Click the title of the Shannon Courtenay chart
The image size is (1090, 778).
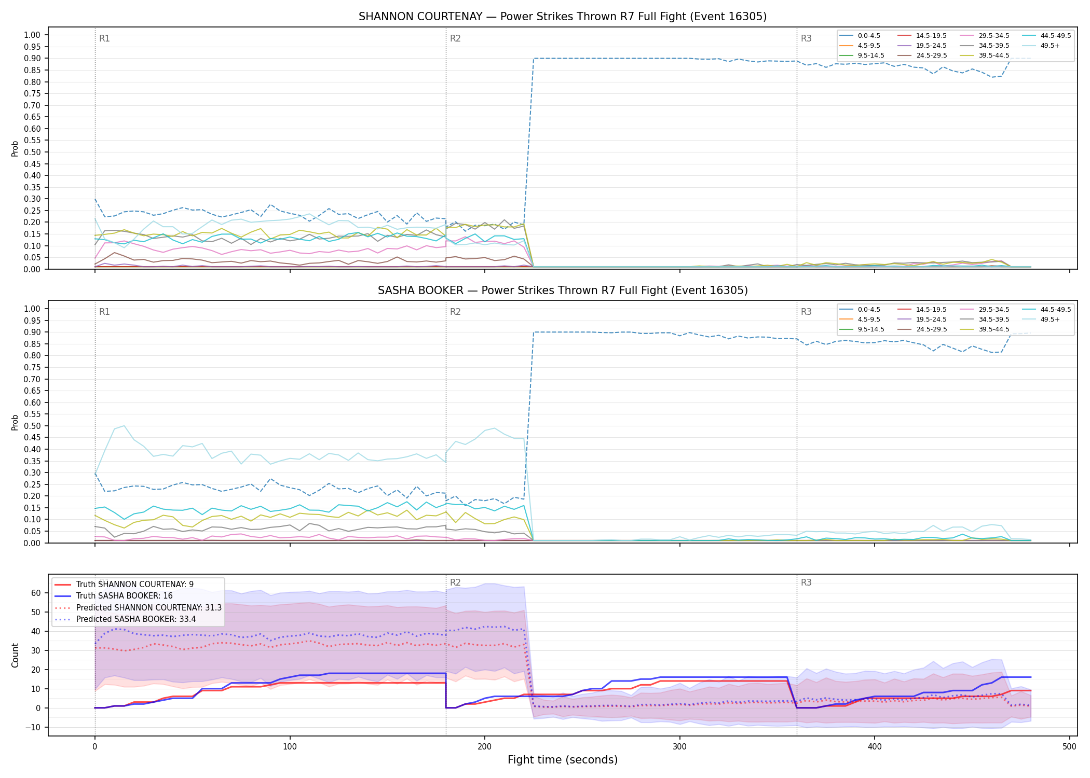[x=563, y=17]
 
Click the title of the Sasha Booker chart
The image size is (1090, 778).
[x=563, y=290]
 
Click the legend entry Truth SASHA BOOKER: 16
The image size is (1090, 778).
[x=125, y=596]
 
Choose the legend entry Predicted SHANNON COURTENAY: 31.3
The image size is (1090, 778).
[x=138, y=607]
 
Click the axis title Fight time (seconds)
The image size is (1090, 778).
[x=563, y=760]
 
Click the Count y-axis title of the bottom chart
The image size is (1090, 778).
[x=15, y=656]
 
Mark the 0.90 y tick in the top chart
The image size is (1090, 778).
[x=32, y=59]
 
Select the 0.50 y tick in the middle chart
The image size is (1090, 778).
[x=32, y=426]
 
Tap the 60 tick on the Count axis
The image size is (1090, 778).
[x=36, y=593]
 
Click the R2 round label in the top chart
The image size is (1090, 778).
[x=455, y=38]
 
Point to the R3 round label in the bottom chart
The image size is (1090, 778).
[x=806, y=582]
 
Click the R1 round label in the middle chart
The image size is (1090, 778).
[x=104, y=312]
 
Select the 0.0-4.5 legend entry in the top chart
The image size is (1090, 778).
[x=860, y=36]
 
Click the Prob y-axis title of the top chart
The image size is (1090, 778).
[x=15, y=148]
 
